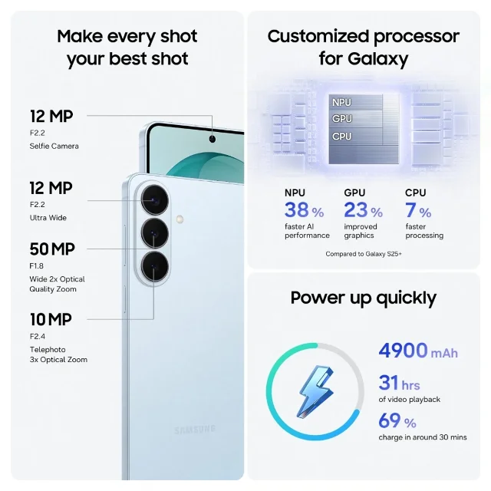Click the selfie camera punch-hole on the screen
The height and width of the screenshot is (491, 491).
point(213,139)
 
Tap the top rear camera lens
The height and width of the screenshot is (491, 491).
point(155,199)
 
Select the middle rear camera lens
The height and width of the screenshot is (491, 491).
point(155,233)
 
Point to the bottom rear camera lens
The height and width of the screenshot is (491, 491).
point(155,266)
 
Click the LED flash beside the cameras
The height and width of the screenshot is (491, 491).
point(180,219)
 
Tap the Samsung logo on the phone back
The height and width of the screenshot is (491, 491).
point(195,430)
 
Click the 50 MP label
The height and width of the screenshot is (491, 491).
point(52,249)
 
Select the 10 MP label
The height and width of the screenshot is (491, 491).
point(51,319)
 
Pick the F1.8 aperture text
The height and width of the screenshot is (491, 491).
point(36,266)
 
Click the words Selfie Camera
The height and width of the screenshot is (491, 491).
point(54,146)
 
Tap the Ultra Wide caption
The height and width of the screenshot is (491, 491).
point(48,218)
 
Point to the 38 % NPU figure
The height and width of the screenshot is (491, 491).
point(304,209)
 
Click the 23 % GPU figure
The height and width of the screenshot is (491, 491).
point(363,209)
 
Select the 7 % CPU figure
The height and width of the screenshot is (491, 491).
point(418,209)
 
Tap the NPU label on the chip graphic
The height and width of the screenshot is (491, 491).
point(341,102)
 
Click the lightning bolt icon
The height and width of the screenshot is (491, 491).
point(315,391)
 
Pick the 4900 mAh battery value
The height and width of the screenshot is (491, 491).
point(418,351)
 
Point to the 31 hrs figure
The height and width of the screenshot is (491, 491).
point(399,383)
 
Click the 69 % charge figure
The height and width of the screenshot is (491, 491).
point(397,420)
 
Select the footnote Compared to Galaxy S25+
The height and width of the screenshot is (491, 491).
point(364,254)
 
